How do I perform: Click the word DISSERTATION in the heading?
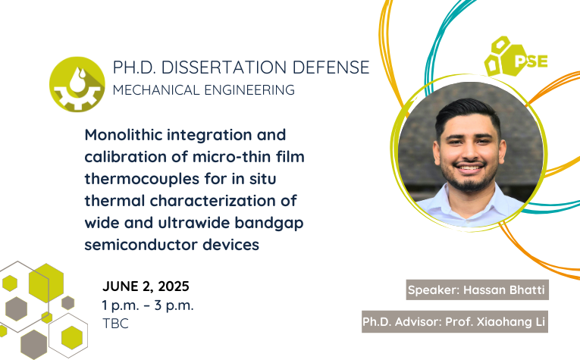(x=224, y=67)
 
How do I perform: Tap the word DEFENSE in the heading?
(x=331, y=67)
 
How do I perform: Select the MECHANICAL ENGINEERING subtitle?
(x=204, y=90)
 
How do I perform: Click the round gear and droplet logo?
(x=77, y=84)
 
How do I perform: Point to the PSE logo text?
(x=531, y=61)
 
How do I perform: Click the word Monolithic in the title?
(x=123, y=135)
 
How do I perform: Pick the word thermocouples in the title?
(x=142, y=180)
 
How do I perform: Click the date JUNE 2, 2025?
(x=146, y=286)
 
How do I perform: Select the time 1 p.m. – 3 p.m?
(x=148, y=305)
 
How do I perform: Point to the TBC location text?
(x=115, y=324)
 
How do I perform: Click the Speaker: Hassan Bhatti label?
(x=477, y=290)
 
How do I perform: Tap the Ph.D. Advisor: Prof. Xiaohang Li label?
(x=455, y=321)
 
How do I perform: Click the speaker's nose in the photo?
(x=469, y=152)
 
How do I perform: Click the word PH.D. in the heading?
(x=134, y=67)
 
